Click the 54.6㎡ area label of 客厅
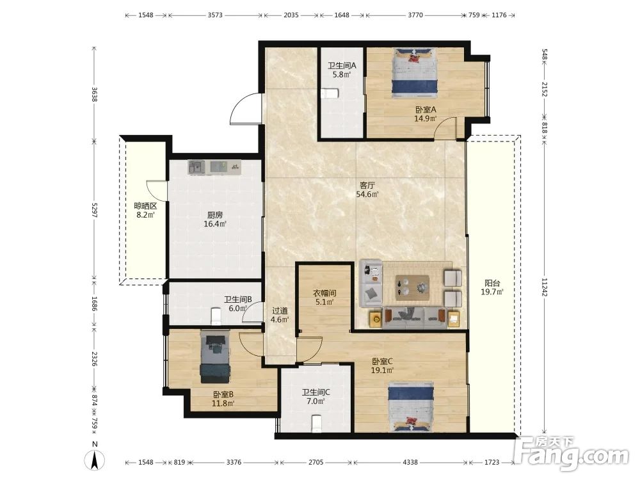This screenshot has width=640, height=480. [367, 195]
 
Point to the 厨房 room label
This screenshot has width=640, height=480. [215, 214]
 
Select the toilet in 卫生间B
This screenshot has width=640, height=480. [216, 316]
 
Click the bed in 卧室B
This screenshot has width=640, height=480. [215, 356]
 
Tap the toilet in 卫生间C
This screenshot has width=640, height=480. [316, 423]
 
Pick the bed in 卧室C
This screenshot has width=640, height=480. [410, 406]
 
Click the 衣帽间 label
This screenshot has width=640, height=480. [324, 292]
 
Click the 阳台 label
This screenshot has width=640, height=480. [492, 282]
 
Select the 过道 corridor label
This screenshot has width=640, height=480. [280, 310]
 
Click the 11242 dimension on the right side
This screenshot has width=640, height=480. [544, 287]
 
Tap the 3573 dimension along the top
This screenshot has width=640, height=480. [215, 15]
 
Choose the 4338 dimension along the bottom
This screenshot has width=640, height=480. [410, 462]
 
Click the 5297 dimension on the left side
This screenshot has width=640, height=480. [94, 210]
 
